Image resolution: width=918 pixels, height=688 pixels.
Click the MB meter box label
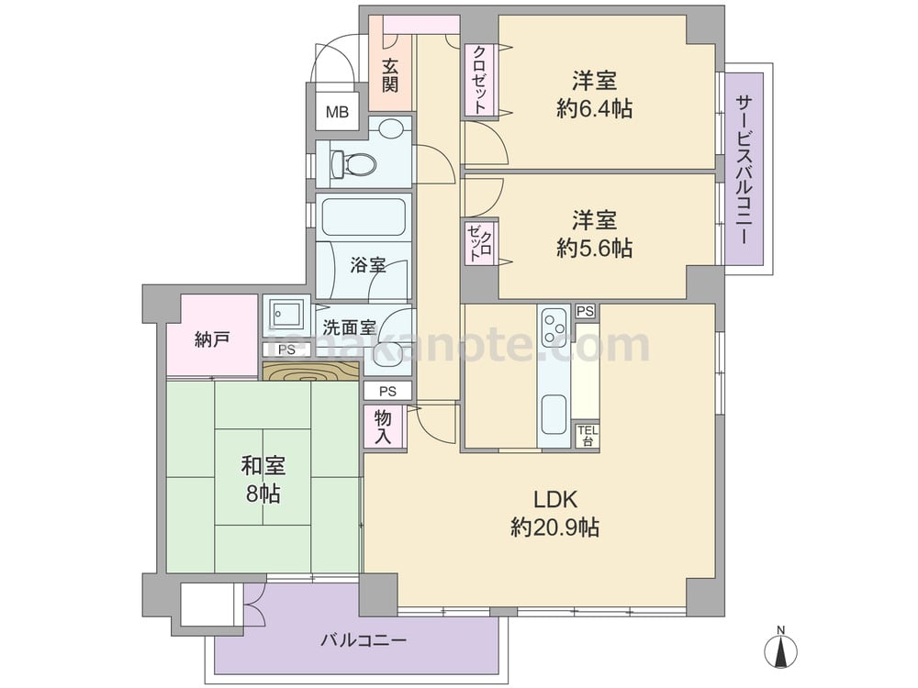click(337, 112)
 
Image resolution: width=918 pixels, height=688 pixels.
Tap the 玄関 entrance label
click(390, 75)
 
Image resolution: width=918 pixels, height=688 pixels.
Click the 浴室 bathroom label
click(368, 265)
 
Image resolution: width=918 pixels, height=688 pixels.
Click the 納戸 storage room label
click(212, 340)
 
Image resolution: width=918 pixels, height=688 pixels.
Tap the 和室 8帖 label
click(263, 480)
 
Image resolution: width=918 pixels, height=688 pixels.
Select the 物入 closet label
click(383, 427)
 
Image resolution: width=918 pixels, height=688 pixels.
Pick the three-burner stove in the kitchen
click(554, 327)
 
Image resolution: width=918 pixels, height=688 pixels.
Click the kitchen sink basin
click(554, 415)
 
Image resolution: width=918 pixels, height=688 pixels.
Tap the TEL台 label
click(588, 436)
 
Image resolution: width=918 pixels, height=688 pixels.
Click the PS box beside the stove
click(585, 311)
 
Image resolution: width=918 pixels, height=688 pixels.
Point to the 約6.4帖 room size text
click(594, 109)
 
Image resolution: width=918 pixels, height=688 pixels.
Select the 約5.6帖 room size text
click(594, 249)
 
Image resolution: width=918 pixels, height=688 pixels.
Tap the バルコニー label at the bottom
click(363, 640)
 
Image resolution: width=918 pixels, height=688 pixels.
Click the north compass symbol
click(780, 649)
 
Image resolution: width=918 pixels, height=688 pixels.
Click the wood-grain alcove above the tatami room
click(310, 372)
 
